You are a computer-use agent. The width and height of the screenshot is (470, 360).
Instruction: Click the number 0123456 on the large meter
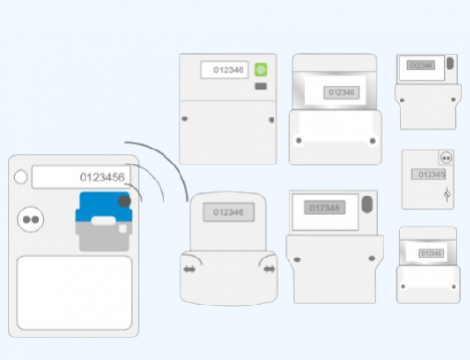(102, 178)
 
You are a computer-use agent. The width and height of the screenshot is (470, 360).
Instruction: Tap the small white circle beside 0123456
(22, 177)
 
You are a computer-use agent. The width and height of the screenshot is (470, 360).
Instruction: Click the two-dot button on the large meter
(30, 218)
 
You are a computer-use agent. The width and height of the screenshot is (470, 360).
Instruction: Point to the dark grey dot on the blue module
(123, 200)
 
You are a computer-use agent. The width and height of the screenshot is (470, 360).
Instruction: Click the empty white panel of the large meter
(74, 291)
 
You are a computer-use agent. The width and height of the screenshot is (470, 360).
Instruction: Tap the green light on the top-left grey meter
(261, 70)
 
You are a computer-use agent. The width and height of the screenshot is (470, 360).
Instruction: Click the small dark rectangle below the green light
(261, 86)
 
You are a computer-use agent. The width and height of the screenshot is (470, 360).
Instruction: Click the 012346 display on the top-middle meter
(339, 93)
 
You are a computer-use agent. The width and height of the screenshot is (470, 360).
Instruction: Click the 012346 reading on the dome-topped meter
(227, 213)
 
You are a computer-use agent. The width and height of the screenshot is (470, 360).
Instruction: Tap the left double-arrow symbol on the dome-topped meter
(189, 269)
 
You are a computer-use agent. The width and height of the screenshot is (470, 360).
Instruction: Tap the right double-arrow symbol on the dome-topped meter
(270, 269)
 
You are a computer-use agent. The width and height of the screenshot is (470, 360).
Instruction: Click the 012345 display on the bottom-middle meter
(324, 208)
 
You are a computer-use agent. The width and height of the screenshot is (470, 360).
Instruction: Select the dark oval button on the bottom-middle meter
(367, 205)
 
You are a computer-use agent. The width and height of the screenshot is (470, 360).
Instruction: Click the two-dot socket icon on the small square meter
(446, 159)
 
